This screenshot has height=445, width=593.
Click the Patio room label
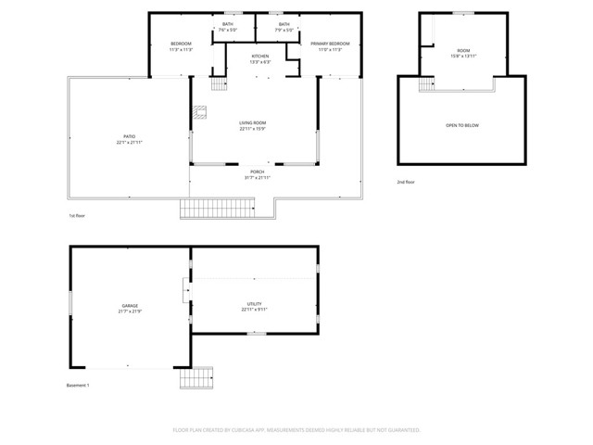(x=130, y=136)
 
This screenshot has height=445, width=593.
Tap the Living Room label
(x=253, y=123)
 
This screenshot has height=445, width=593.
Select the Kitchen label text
(x=260, y=57)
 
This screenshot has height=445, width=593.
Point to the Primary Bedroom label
(x=326, y=44)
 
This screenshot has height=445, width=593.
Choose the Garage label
(x=130, y=305)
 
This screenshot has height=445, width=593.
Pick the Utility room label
(x=254, y=303)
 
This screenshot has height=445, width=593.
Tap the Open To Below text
(x=462, y=125)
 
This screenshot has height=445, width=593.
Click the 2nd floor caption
(x=406, y=182)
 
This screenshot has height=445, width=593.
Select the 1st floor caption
(x=78, y=215)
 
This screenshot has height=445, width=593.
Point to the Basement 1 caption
(x=78, y=385)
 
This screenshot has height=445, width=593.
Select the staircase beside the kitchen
(x=219, y=84)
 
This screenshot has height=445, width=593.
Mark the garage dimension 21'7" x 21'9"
(x=130, y=311)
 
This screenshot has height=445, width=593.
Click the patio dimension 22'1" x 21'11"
(x=130, y=142)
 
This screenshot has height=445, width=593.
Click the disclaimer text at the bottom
(x=296, y=430)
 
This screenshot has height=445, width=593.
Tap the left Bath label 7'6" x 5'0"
(x=228, y=27)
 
